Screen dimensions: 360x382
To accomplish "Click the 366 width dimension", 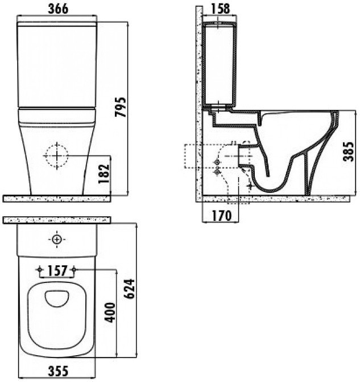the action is pos(58,9).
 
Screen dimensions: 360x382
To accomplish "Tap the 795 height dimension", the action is pos(121,107).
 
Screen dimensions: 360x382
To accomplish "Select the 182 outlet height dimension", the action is pos(104,174).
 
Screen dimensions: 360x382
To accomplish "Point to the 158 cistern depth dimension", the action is pos(220,9).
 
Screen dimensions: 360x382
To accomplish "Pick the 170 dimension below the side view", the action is pos(222,215).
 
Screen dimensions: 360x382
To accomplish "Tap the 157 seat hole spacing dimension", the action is pos(57,270).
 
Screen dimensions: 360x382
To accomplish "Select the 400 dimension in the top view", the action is pos(110,313).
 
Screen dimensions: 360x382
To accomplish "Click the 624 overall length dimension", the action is pos(129,289).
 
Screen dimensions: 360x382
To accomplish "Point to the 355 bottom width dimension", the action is pos(58,371).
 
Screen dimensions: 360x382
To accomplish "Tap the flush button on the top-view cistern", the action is pos(57,240).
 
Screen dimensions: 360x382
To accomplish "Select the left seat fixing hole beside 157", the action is pos(39,269).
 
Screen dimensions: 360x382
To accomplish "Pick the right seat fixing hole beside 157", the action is pos(75,269).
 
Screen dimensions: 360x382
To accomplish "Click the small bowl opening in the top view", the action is pos(57,298).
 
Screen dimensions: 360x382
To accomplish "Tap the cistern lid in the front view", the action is pos(57,24).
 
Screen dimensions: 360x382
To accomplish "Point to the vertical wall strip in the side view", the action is pos(199,104).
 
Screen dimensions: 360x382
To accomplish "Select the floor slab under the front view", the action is pos(57,199).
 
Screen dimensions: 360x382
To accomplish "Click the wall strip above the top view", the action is pos(57,220).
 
